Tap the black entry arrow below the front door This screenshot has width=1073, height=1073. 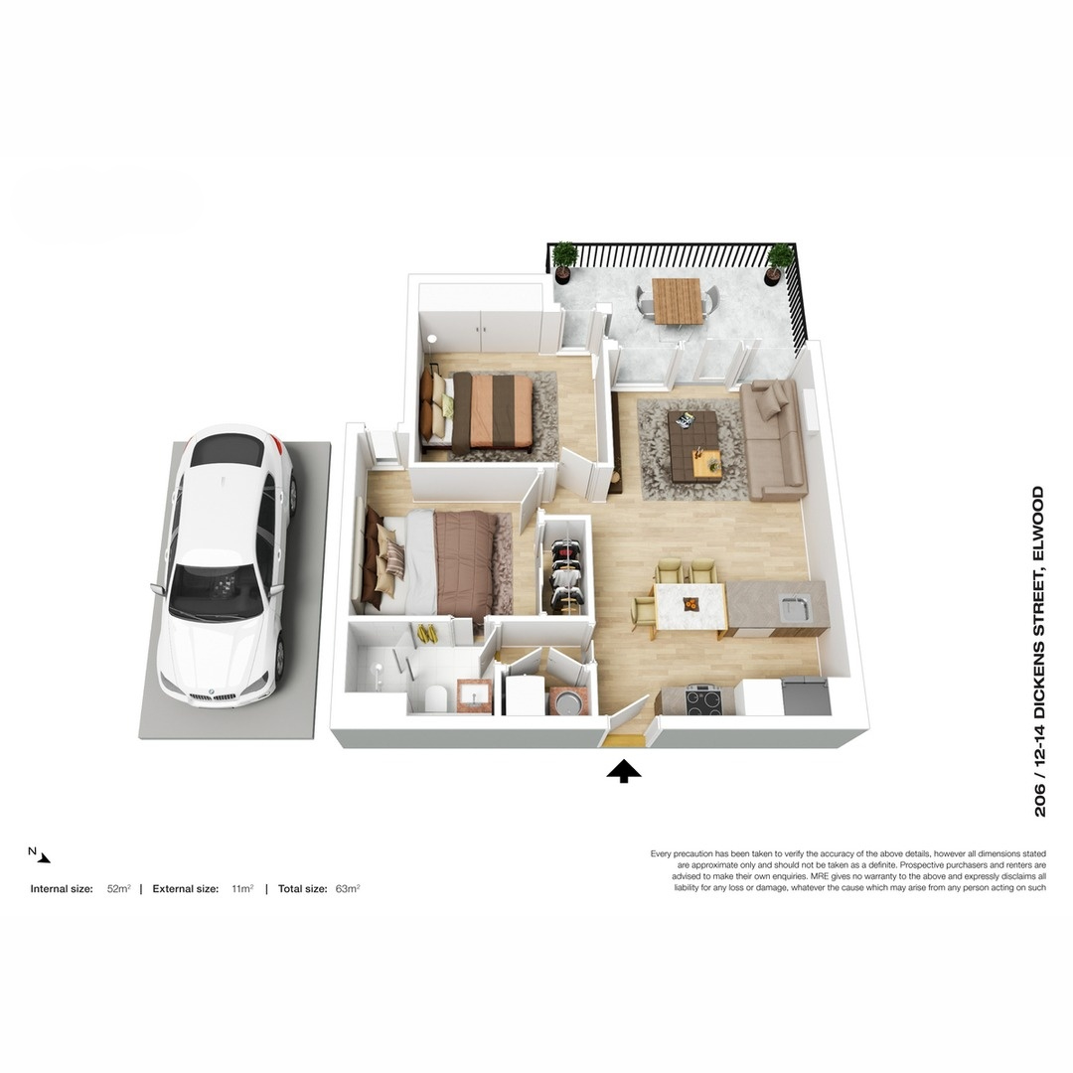coord(624,771)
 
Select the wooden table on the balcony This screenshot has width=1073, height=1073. coord(678,299)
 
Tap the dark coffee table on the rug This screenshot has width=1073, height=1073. coord(694,445)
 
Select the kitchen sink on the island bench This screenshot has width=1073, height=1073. coord(793,605)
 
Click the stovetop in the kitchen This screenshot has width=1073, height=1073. coord(704,699)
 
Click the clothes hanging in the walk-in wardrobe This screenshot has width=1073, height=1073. coord(565,575)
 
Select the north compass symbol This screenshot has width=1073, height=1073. coord(39,855)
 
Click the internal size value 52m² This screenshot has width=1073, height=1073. coord(119,889)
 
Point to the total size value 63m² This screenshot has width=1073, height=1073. coord(347,889)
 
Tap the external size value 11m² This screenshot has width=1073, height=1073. coord(242,889)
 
